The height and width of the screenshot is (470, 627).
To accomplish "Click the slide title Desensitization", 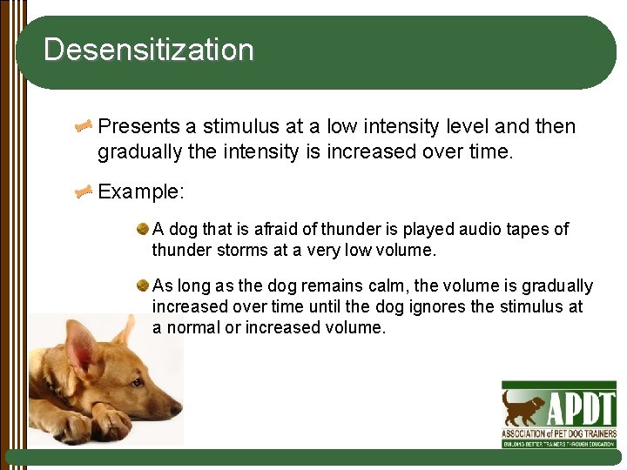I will (148, 50).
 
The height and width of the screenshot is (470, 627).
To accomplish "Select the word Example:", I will (141, 191).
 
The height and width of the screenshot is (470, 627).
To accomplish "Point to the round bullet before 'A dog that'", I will (142, 229).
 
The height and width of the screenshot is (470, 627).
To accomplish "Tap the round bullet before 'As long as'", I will (142, 285).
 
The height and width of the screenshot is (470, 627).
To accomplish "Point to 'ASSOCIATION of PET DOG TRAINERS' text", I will (558, 433).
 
